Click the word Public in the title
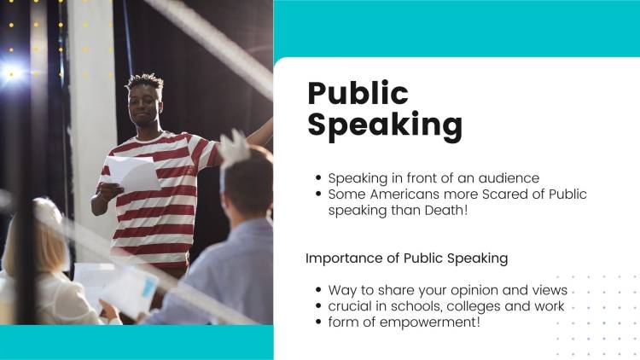358,93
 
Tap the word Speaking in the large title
384,125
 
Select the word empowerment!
433,322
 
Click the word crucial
352,305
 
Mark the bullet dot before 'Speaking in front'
319,179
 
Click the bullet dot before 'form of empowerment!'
319,322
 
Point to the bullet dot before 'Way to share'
319,291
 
